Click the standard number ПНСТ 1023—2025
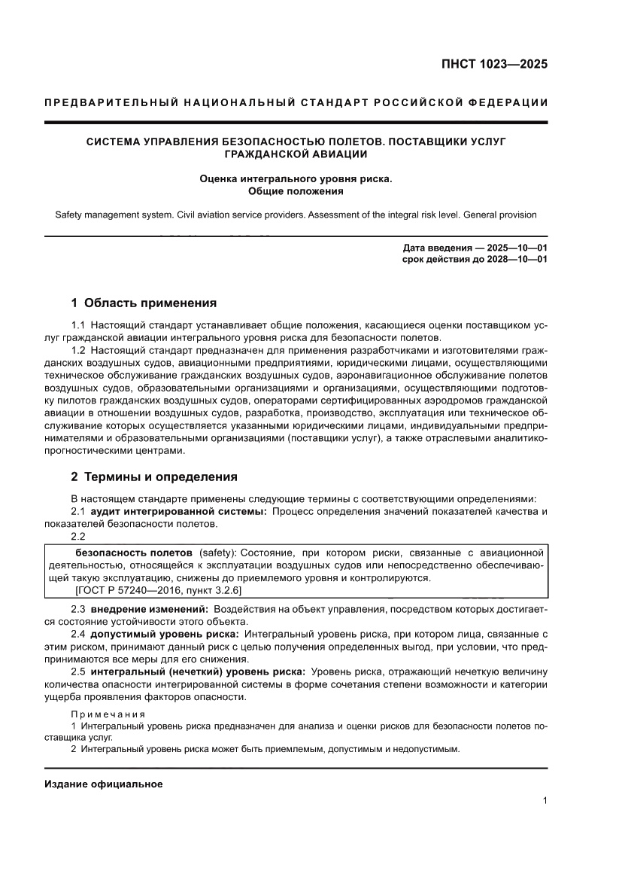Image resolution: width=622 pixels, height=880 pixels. [494, 64]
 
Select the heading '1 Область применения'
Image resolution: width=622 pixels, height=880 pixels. [144, 303]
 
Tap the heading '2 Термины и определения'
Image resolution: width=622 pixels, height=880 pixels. [154, 477]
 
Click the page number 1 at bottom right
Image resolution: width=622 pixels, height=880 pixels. [545, 801]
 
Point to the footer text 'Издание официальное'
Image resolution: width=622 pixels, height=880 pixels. [104, 784]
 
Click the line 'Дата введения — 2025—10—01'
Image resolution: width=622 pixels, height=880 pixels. [475, 248]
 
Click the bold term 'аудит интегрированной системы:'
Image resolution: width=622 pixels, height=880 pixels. [179, 512]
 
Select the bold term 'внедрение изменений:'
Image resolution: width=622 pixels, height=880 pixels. [150, 608]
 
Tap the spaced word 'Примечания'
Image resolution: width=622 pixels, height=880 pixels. [108, 714]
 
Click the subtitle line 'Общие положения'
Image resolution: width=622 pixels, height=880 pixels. [296, 191]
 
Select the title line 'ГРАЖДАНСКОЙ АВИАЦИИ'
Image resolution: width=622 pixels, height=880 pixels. [296, 154]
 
